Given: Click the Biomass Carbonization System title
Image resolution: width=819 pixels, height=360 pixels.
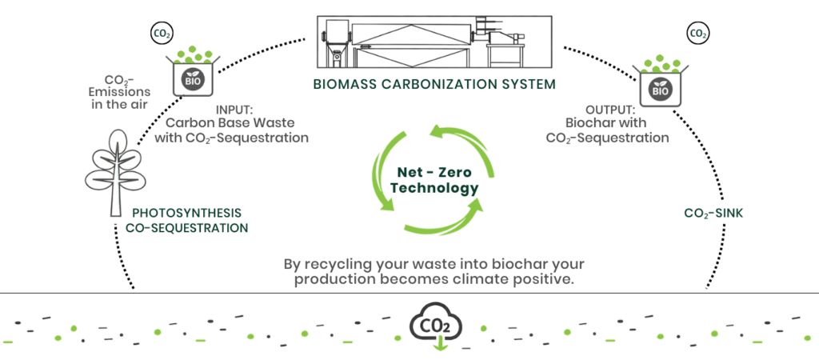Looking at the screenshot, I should (434, 83).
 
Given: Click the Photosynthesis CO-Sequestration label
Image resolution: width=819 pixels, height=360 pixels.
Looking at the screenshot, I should (186, 220).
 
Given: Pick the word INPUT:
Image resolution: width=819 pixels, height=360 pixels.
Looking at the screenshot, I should (235, 110).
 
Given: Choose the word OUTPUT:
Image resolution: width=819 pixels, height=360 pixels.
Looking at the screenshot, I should (611, 110).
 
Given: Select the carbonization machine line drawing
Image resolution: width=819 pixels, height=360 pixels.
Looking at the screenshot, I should (434, 40).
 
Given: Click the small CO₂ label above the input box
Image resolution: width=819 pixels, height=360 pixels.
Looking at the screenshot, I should (161, 34).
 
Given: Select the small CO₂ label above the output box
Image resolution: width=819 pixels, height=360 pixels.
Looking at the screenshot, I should (697, 34).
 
